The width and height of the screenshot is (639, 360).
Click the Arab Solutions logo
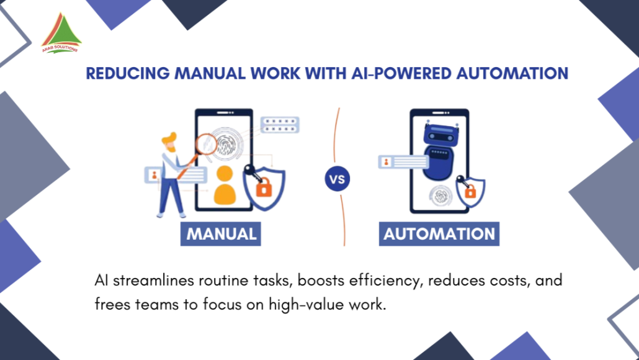(x=61, y=34)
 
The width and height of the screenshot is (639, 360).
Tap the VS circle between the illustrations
(x=337, y=179)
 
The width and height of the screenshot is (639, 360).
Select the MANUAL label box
(x=220, y=233)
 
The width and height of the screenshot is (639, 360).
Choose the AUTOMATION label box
(x=439, y=233)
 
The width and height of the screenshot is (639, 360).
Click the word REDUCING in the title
(x=128, y=73)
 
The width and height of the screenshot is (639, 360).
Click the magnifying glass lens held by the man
(x=207, y=145)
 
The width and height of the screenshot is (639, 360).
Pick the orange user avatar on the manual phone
(x=225, y=185)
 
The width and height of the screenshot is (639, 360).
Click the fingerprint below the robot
(x=441, y=196)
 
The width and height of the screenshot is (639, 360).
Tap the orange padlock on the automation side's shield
(x=470, y=191)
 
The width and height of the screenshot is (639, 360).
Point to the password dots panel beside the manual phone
(x=280, y=125)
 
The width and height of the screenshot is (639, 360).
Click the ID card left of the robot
(x=403, y=162)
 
